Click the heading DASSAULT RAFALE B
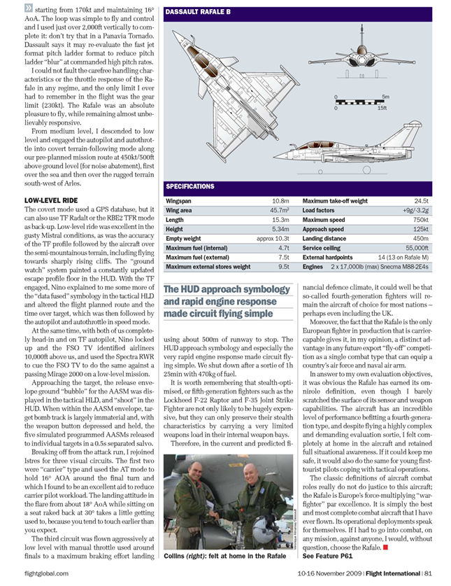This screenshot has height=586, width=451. [x=198, y=12]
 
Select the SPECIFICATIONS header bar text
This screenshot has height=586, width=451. [x=190, y=187]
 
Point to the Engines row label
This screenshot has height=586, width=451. [x=313, y=267]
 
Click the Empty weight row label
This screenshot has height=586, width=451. [x=184, y=239]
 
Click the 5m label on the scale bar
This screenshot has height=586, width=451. [x=385, y=97]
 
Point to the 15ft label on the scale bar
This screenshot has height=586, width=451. [x=382, y=107]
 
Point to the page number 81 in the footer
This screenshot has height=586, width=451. [x=436, y=576]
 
